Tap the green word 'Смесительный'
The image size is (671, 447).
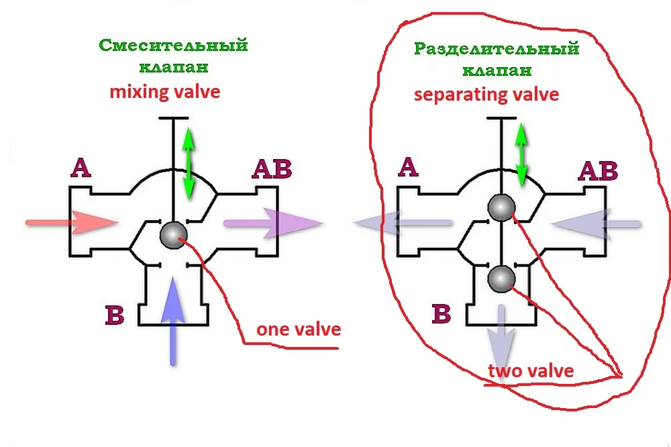point(174,46)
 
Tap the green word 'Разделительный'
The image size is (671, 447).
point(496,49)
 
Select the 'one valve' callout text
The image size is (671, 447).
point(298,330)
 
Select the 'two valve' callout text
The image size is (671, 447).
point(530,370)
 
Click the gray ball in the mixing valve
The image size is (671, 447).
point(174,234)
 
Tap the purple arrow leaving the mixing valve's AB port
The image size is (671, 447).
point(272,223)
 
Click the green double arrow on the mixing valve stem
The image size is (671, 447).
point(189,163)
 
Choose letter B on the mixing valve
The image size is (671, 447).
point(114,315)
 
